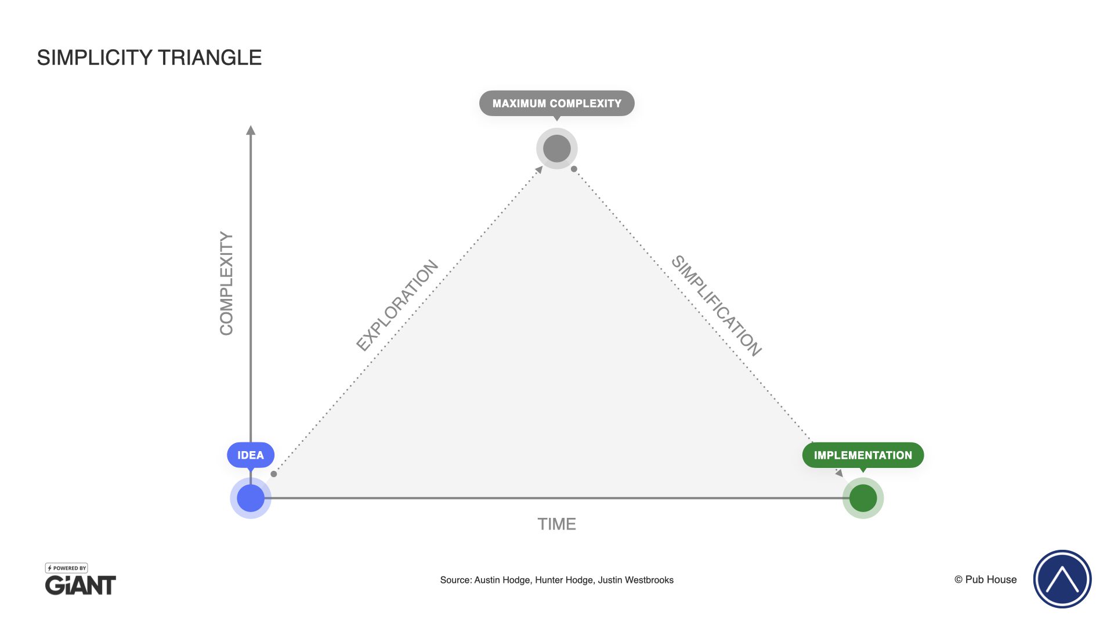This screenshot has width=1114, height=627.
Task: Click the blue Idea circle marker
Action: tap(251, 498)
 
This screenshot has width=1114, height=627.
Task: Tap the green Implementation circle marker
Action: tap(863, 498)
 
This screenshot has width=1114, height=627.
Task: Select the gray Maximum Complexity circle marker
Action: tap(557, 149)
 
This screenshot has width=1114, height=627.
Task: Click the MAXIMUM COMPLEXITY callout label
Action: tap(557, 103)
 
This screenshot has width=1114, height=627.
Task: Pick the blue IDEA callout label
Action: tap(251, 455)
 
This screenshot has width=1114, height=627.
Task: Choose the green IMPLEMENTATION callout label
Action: tap(863, 455)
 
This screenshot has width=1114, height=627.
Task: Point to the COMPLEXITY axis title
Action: tap(226, 283)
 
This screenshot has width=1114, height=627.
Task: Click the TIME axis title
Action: tap(557, 524)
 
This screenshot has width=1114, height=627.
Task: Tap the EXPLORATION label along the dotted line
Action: tap(397, 305)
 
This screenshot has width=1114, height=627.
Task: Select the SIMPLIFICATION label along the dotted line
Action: tap(717, 305)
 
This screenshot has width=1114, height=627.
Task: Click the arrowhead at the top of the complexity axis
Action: tap(251, 130)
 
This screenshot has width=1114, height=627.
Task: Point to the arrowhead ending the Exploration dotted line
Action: tap(539, 170)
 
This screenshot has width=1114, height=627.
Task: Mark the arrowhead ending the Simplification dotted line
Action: tap(839, 473)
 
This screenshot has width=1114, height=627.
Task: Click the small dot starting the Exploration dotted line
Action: tap(274, 474)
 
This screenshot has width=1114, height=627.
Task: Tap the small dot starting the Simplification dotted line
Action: tap(574, 169)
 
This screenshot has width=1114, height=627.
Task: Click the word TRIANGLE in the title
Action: tap(209, 58)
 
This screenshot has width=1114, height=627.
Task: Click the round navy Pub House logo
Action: tap(1062, 579)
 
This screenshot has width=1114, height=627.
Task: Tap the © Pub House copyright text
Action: tap(986, 579)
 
